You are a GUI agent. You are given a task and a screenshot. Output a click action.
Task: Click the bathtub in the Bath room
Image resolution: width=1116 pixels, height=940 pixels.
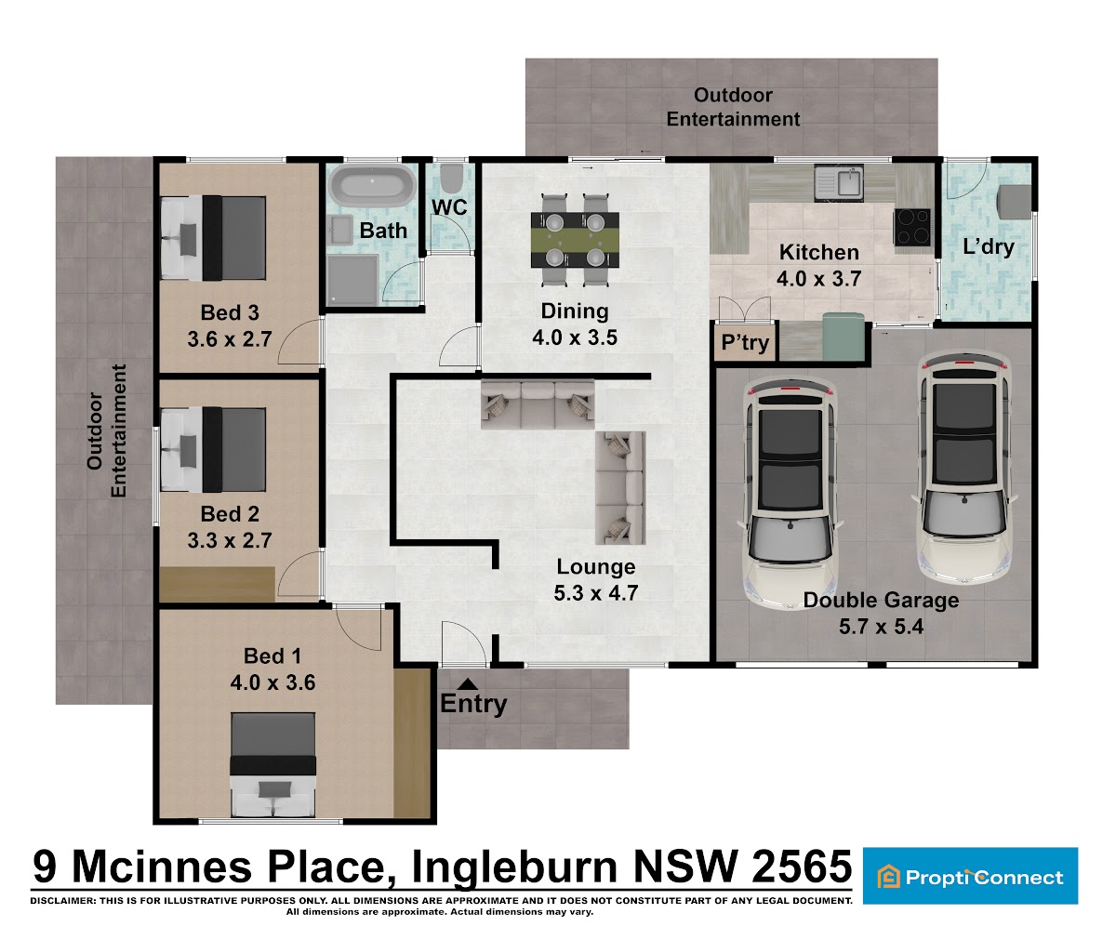373,185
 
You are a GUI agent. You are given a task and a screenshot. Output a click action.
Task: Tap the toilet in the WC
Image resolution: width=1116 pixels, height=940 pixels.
452,178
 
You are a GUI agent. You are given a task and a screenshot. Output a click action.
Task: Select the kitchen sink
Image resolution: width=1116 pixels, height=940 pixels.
839,182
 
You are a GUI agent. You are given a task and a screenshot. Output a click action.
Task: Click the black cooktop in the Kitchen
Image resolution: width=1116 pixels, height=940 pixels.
913,227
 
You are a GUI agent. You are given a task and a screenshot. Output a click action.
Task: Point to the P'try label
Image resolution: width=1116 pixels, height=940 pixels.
745,342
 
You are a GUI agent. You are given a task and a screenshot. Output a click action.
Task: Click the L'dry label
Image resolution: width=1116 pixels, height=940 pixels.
989,247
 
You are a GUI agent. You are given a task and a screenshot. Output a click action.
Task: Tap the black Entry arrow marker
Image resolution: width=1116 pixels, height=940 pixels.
468,684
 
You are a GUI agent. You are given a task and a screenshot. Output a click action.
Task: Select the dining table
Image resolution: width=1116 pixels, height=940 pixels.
575,239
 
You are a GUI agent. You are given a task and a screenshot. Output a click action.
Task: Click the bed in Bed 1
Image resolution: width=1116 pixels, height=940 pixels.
273,764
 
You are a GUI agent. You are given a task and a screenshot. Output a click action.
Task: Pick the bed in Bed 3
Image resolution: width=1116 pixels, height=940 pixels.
214,238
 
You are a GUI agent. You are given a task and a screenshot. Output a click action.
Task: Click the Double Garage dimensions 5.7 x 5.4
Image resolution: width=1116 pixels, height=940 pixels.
881,627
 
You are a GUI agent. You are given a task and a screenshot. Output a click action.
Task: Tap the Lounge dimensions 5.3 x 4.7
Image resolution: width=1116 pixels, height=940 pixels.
596,593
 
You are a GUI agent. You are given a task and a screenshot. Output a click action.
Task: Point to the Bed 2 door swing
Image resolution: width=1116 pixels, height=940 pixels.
299,575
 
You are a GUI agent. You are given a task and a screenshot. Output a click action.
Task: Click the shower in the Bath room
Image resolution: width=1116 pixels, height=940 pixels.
352,281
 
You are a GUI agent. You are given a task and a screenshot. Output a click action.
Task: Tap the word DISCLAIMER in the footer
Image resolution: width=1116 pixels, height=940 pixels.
62,900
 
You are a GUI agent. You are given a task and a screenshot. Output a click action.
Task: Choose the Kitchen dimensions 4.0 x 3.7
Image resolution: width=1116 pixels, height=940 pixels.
818,278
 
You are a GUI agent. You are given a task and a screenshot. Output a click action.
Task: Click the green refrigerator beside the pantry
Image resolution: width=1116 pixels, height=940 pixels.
844,337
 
